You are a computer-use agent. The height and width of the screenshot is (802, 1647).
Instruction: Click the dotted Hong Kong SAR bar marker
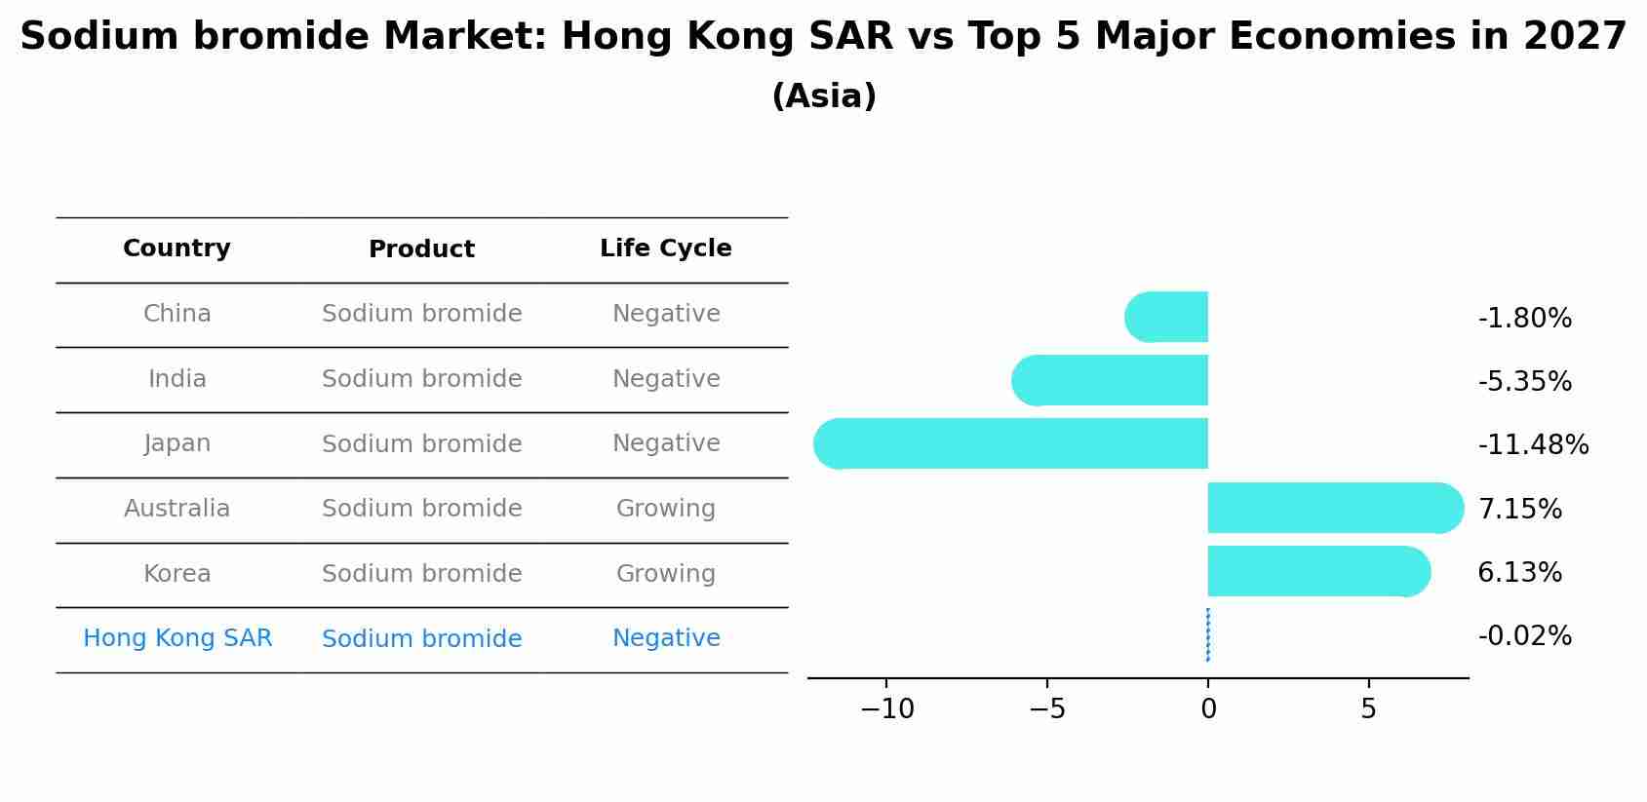point(1208,635)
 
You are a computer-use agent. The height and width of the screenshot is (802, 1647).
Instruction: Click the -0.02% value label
point(1524,636)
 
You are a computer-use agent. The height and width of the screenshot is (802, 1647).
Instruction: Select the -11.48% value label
point(1533,445)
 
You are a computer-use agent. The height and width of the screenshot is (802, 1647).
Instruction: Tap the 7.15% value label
point(1519,509)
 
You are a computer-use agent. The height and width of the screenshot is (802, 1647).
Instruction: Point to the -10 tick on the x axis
point(887,709)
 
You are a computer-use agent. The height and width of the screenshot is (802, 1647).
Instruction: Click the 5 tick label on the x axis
point(1368,709)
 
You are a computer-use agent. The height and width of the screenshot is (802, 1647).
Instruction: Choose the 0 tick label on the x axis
point(1208,709)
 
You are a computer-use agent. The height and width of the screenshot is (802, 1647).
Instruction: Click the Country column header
point(176,248)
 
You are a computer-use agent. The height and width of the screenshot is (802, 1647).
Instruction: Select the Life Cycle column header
point(665,248)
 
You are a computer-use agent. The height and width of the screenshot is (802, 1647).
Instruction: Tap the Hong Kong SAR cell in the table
point(177,638)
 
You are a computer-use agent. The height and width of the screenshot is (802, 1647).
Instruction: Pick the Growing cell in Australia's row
point(665,509)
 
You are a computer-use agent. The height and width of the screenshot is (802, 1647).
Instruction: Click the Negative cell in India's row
point(665,379)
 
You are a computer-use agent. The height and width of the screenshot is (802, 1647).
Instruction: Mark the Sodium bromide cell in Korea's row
point(421,574)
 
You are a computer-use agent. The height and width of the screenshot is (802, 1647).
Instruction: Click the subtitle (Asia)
point(823,96)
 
